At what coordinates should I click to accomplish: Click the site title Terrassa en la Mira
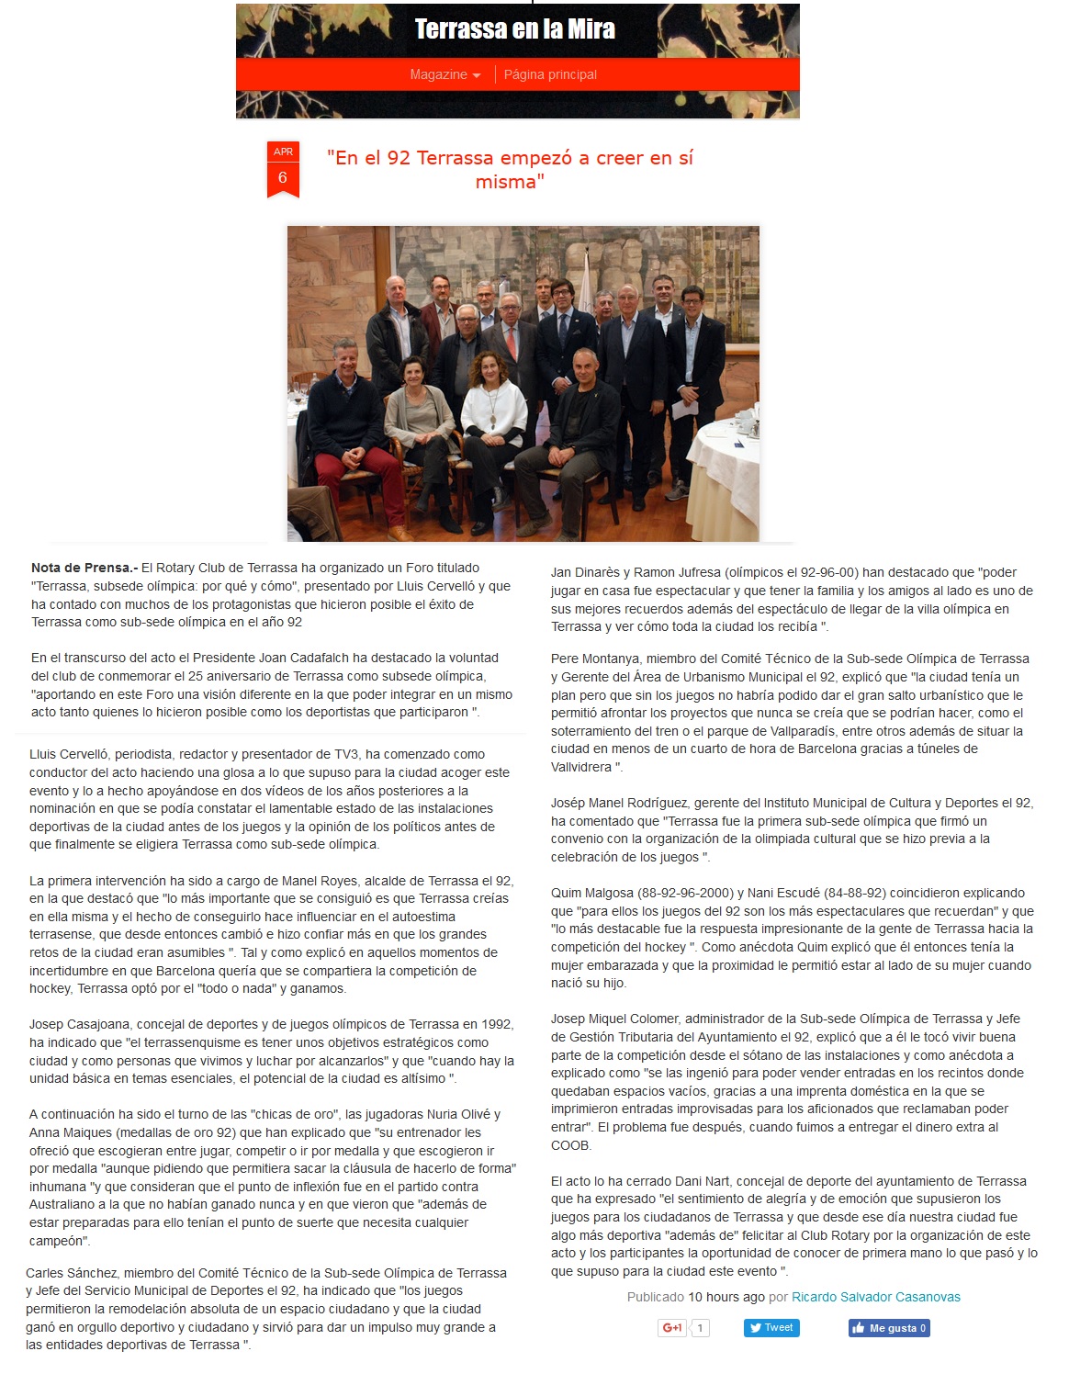[x=514, y=29]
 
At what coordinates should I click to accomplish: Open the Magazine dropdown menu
[x=444, y=75]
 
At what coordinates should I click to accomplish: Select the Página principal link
[x=550, y=75]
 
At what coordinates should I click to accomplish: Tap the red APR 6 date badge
[x=283, y=168]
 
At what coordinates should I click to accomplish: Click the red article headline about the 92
[x=510, y=169]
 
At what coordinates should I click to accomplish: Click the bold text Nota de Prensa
[x=84, y=569]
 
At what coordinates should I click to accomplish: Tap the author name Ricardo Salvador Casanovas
[x=875, y=1297]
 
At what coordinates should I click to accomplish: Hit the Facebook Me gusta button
[x=889, y=1328]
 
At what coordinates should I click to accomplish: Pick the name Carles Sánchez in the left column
[x=70, y=1273]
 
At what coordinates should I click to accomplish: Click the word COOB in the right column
[x=570, y=1145]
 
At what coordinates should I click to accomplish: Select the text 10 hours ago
[x=726, y=1297]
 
